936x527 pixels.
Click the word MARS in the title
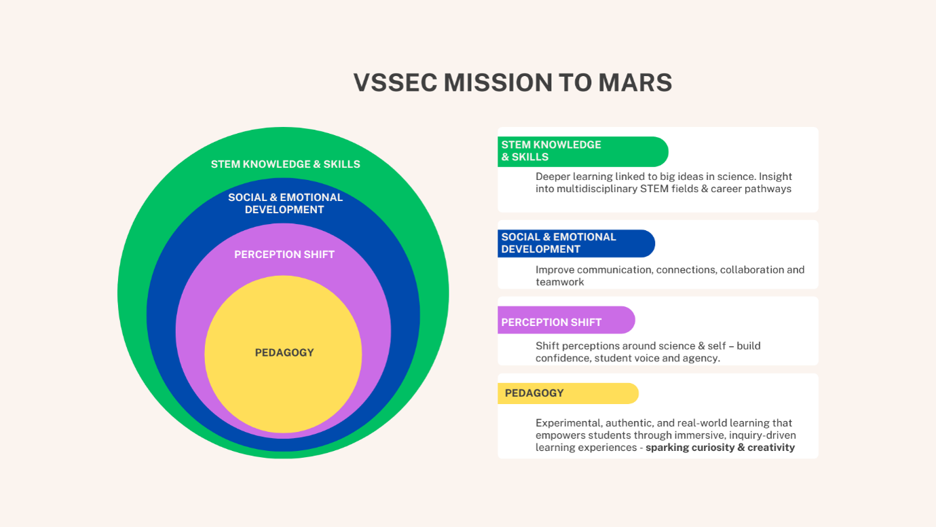point(635,82)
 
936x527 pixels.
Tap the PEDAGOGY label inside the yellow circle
point(284,352)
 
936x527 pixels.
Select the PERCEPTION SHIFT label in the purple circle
point(284,255)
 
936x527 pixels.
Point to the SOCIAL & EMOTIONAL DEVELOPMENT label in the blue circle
point(285,204)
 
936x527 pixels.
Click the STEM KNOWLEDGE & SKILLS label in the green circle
point(285,164)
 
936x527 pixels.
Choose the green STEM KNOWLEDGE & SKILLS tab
point(583,151)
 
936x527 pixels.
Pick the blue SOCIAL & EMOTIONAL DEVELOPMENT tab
point(576,243)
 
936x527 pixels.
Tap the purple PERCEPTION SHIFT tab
point(566,320)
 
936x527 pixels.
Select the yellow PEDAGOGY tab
point(568,393)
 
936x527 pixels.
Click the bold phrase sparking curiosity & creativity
point(720,448)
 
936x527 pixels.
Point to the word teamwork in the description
point(559,282)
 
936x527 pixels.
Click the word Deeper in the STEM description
point(553,177)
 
